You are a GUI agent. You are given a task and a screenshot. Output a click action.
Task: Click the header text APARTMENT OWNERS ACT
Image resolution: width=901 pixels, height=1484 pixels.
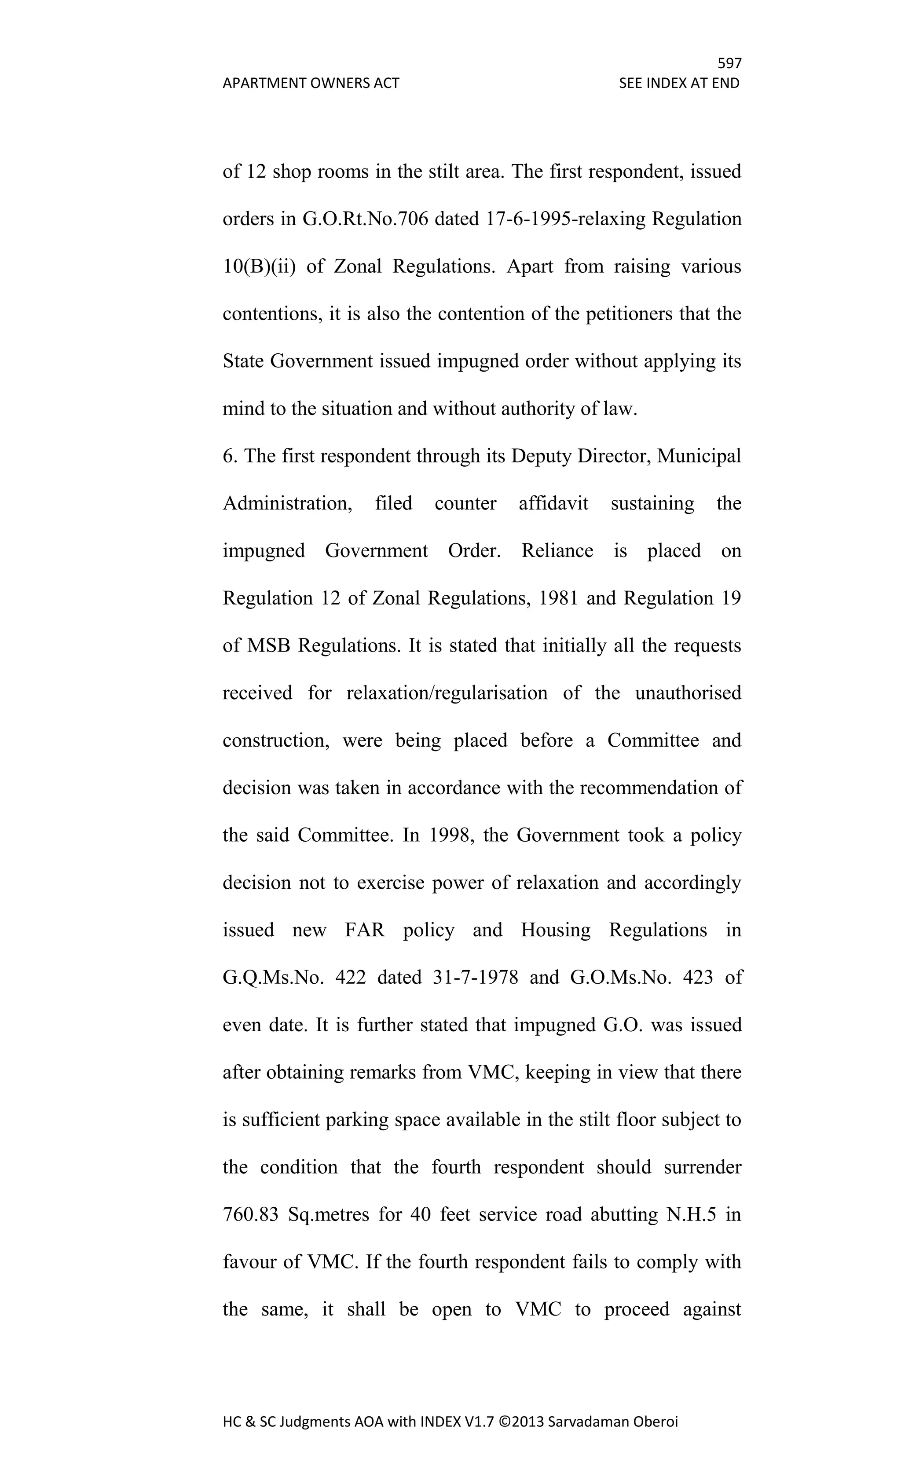point(311,83)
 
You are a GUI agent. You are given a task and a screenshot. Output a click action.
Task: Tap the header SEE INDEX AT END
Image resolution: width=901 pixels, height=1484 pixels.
point(679,83)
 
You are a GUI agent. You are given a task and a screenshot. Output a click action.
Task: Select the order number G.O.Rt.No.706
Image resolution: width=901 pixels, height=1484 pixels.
point(364,219)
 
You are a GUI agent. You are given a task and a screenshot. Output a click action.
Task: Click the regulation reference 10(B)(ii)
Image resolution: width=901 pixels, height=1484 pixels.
point(259,266)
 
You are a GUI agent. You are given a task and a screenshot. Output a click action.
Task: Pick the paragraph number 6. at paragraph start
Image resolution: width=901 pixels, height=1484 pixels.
point(230,456)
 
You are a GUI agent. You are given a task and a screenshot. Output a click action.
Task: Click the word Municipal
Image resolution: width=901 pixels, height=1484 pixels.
point(699,456)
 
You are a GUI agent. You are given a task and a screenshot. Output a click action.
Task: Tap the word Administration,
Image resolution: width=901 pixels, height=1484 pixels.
point(287,503)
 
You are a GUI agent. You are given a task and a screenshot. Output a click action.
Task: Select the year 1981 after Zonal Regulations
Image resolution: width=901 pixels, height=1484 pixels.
point(558,598)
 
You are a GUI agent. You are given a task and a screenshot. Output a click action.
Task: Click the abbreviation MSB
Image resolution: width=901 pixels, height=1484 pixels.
point(269,645)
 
